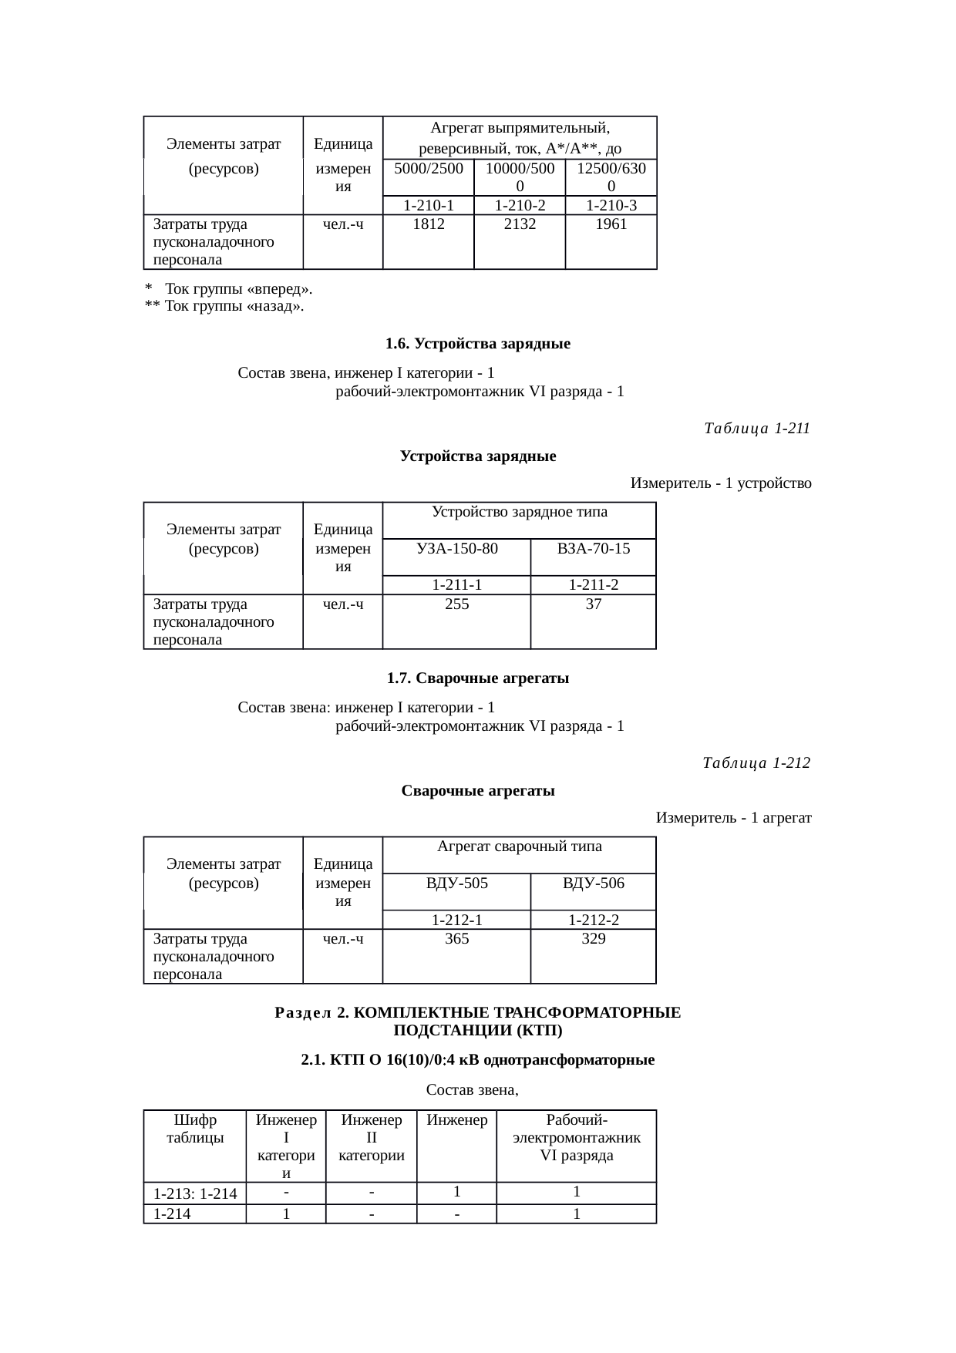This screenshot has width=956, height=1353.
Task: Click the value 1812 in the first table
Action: pos(428,224)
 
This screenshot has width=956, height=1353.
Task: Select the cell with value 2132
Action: pos(520,224)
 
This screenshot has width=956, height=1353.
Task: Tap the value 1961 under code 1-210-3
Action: pos(611,224)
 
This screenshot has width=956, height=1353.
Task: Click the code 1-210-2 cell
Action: pos(520,205)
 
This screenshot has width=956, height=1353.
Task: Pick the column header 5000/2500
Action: pos(428,168)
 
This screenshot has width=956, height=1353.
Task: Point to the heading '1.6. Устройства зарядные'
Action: pos(477,344)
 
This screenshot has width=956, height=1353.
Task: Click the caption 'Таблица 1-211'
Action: pos(756,429)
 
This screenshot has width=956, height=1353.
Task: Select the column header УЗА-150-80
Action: pos(456,549)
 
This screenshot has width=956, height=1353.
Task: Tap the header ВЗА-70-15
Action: pos(593,549)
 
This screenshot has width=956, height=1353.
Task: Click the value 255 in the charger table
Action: pos(456,604)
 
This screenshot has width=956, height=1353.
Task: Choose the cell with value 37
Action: pos(593,604)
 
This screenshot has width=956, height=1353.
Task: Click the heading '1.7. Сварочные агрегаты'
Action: pos(477,678)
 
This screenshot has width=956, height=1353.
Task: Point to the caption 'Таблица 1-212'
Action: pos(756,763)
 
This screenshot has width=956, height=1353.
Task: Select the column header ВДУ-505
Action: pos(456,883)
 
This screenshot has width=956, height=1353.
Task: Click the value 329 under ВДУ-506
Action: pos(593,939)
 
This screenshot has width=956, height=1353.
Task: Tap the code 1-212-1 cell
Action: pos(456,920)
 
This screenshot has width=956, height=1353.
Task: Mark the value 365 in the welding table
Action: pos(456,939)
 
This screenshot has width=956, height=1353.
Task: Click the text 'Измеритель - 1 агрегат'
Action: pos(733,817)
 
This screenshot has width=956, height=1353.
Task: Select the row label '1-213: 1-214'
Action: pos(195,1194)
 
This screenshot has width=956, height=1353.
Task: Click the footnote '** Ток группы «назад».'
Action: pos(224,307)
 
